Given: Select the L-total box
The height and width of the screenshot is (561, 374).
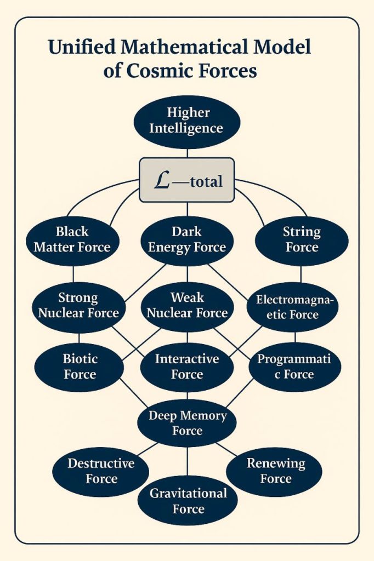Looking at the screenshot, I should point(187,180).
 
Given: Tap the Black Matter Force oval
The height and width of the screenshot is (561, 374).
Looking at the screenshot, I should point(72,239).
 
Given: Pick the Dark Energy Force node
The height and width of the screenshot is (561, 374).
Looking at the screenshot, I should point(187,239).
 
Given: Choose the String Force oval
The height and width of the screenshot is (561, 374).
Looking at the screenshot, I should point(302,239).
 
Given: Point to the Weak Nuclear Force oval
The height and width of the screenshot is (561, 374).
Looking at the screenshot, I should point(187,305).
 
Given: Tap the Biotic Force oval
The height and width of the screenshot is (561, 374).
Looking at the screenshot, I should point(80,367).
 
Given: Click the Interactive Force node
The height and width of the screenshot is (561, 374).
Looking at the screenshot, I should point(187,367).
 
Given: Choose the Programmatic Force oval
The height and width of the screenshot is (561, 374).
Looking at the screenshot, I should point(294,367).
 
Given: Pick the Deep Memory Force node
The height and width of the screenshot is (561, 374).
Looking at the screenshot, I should point(187,423).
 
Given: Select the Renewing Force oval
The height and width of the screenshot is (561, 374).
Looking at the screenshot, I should point(275,471).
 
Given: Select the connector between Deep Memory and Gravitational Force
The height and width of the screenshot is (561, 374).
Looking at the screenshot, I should point(187,461).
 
